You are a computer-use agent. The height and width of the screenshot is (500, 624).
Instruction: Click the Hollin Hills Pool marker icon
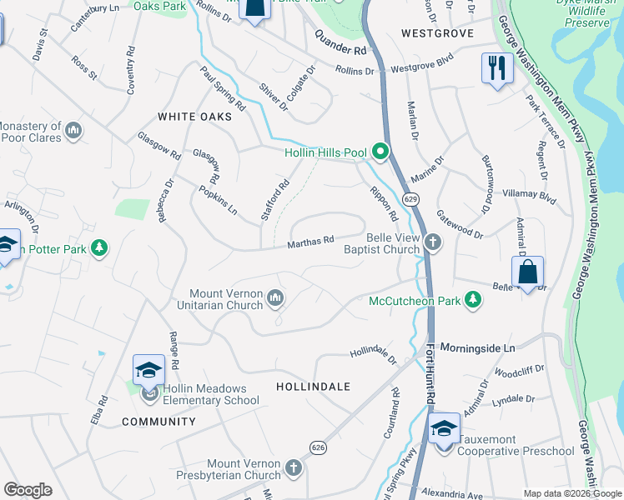click(381, 152)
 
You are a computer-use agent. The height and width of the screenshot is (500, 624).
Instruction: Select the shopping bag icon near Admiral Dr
click(527, 272)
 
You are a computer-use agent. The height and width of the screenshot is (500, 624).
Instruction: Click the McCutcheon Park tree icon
click(473, 299)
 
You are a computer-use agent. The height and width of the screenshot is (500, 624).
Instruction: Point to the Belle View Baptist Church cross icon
click(431, 242)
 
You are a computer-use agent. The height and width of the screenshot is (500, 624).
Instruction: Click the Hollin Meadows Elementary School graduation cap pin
click(148, 369)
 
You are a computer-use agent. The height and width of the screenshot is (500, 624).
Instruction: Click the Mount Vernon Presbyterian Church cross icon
click(293, 468)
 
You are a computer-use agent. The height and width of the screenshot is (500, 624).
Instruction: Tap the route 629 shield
click(410, 200)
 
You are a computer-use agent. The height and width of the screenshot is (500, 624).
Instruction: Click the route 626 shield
click(319, 448)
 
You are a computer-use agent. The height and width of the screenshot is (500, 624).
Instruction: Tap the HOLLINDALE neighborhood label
click(313, 387)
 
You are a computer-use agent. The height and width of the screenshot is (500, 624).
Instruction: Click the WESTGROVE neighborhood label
click(437, 33)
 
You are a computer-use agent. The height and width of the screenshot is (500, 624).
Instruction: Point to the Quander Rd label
click(340, 43)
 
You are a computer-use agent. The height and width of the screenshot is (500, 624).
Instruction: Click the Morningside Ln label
click(479, 346)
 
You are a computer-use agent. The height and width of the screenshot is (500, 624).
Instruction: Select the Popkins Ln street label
click(219, 201)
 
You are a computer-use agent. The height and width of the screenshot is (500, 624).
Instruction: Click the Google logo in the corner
click(28, 490)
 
